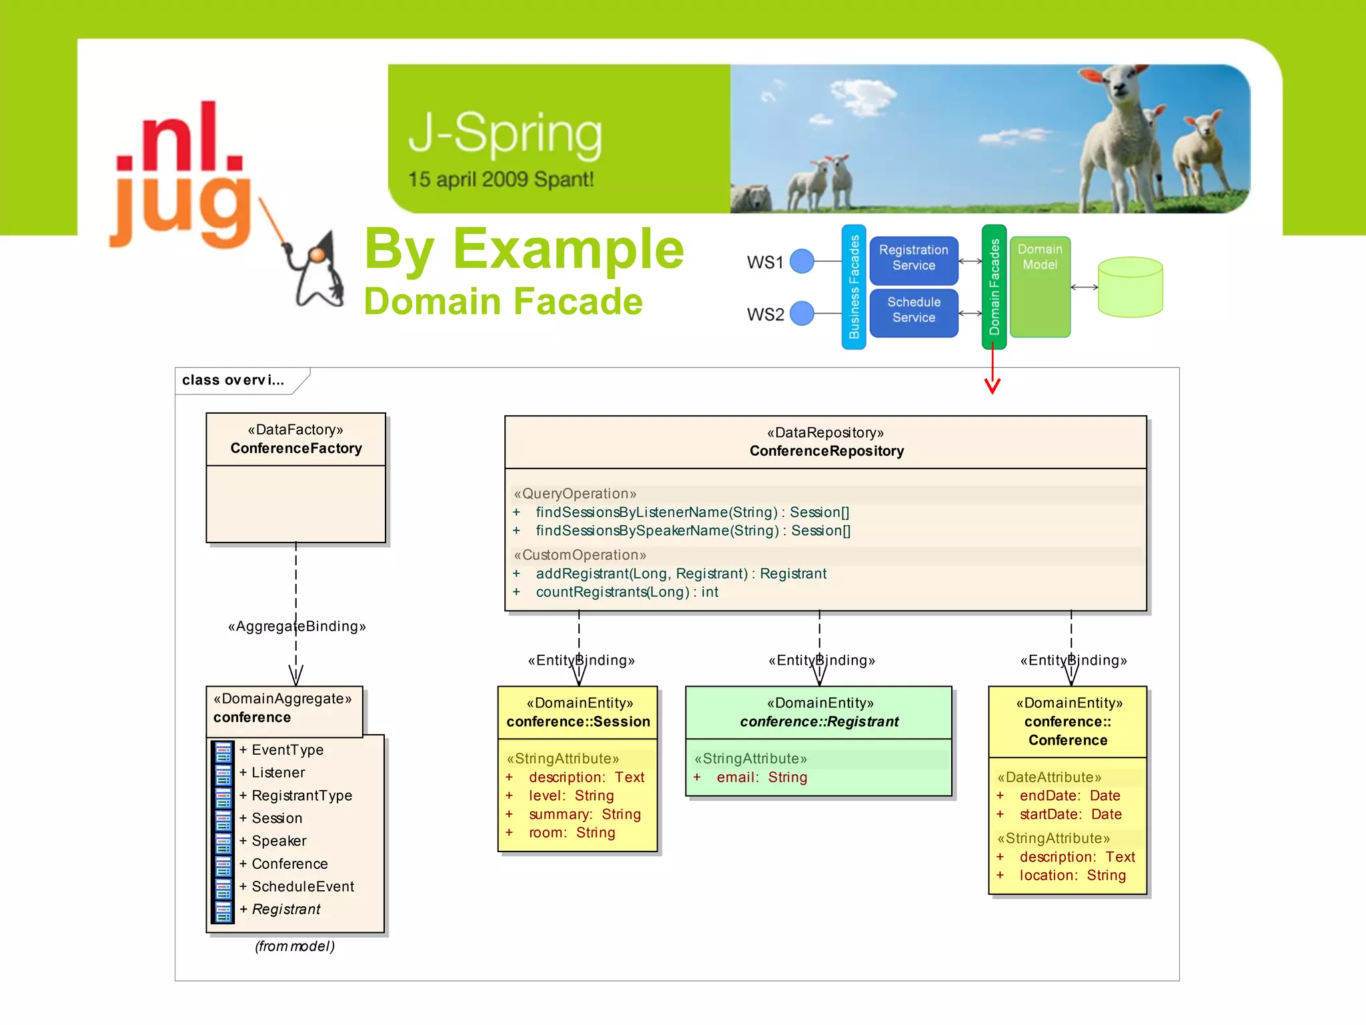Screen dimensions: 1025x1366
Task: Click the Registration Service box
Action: click(x=913, y=258)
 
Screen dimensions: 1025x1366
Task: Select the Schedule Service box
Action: click(x=913, y=310)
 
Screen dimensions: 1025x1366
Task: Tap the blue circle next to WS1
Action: click(x=802, y=261)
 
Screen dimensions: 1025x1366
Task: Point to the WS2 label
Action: click(x=765, y=314)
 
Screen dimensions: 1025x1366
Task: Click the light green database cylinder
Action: click(x=1130, y=288)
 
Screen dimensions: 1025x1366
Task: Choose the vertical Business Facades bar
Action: click(x=854, y=287)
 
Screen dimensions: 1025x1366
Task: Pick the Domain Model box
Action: click(x=1040, y=287)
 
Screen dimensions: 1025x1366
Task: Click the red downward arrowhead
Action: click(x=992, y=386)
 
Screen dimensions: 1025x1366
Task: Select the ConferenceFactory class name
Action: click(x=296, y=448)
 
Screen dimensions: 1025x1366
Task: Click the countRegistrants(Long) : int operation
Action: click(x=627, y=592)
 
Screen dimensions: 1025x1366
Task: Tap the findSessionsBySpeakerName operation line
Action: click(x=692, y=531)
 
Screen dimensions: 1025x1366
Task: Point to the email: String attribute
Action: click(x=761, y=777)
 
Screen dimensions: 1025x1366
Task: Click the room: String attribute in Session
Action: click(x=572, y=833)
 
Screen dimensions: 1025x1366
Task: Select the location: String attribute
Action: click(x=1072, y=876)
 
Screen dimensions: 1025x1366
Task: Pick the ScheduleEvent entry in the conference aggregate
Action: click(x=302, y=887)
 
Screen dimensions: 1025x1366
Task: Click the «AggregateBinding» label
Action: click(x=297, y=627)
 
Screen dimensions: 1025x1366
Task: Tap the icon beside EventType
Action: click(x=223, y=751)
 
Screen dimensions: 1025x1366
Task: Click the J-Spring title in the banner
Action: click(x=505, y=133)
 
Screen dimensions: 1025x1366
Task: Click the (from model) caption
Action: click(x=295, y=946)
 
